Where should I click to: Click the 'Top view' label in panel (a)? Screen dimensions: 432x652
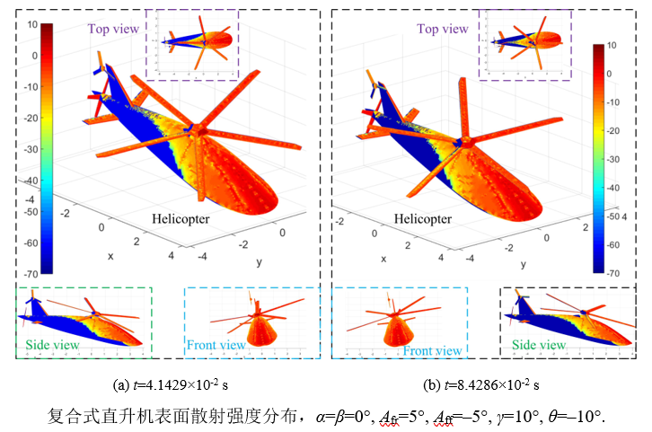point(113,29)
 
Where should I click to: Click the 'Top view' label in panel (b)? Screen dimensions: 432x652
point(442,29)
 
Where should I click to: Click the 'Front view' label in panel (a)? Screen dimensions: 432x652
point(216,344)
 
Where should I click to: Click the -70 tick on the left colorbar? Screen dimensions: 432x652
point(31,272)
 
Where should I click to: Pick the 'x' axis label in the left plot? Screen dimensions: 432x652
point(110,256)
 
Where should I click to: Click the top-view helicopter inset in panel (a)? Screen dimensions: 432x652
point(198,41)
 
